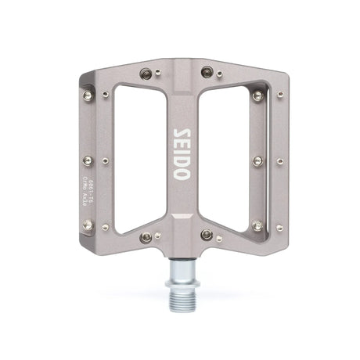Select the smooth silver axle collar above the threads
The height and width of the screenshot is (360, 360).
[180, 269]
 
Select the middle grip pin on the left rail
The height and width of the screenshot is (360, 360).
[88, 160]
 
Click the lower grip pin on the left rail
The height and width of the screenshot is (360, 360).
[88, 225]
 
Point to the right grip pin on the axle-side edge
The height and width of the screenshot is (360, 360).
[206, 235]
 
